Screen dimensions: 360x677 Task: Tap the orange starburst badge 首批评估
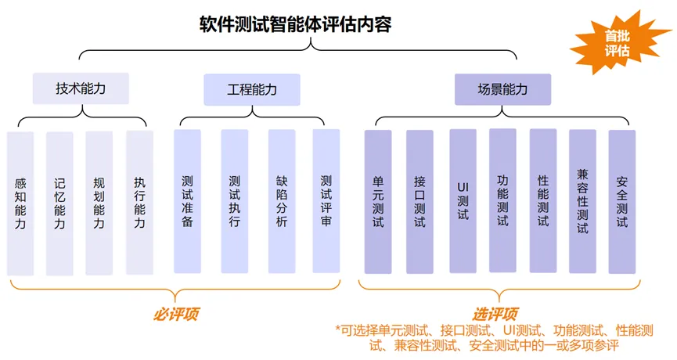tap(618, 43)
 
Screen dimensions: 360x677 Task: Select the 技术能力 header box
tap(81, 89)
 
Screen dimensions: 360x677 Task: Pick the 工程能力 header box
tap(251, 89)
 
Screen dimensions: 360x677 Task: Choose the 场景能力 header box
tap(502, 89)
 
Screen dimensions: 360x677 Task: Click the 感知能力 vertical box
tap(20, 203)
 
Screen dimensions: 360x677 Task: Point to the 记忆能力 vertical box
tap(59, 203)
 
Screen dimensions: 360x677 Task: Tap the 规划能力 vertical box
tap(99, 203)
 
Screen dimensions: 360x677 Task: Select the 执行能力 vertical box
tap(139, 203)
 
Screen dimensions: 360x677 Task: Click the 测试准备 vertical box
tap(187, 201)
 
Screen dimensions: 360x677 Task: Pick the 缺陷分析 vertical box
tap(281, 201)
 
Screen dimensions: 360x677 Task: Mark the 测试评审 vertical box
tap(326, 201)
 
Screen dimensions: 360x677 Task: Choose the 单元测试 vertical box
tap(378, 201)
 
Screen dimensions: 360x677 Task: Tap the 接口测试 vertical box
tap(420, 201)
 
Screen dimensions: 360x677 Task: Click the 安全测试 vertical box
tap(622, 201)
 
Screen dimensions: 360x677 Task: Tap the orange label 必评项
tap(176, 315)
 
